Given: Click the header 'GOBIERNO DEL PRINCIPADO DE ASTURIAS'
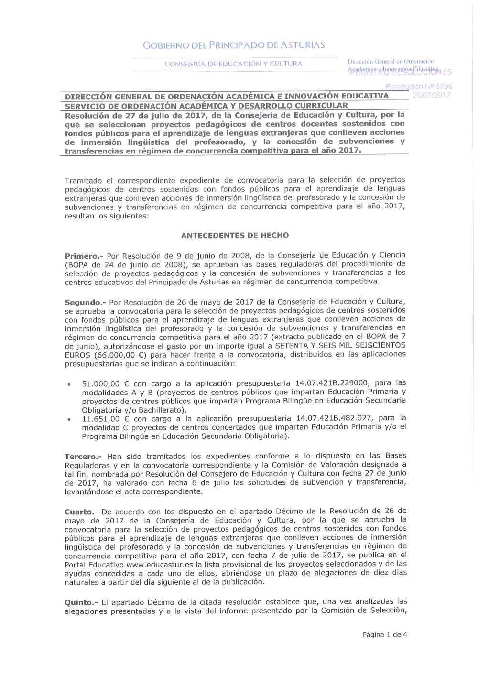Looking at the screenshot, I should (234, 45).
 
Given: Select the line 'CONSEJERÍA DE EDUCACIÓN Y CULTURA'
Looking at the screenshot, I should (234, 64).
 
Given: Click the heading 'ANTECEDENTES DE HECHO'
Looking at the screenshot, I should (235, 235).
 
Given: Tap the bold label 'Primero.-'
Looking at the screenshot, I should (84, 256).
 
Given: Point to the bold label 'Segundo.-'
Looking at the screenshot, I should (85, 303).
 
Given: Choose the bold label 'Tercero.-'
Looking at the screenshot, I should (84, 457).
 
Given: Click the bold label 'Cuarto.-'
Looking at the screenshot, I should (81, 512).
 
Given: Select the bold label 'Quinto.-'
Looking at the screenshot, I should (81, 602).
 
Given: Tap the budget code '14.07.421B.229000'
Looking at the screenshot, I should (332, 383).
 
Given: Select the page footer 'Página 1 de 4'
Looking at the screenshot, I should (385, 635).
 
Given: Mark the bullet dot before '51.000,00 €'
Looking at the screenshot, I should (70, 384).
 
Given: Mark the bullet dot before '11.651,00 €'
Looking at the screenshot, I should (70, 419).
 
